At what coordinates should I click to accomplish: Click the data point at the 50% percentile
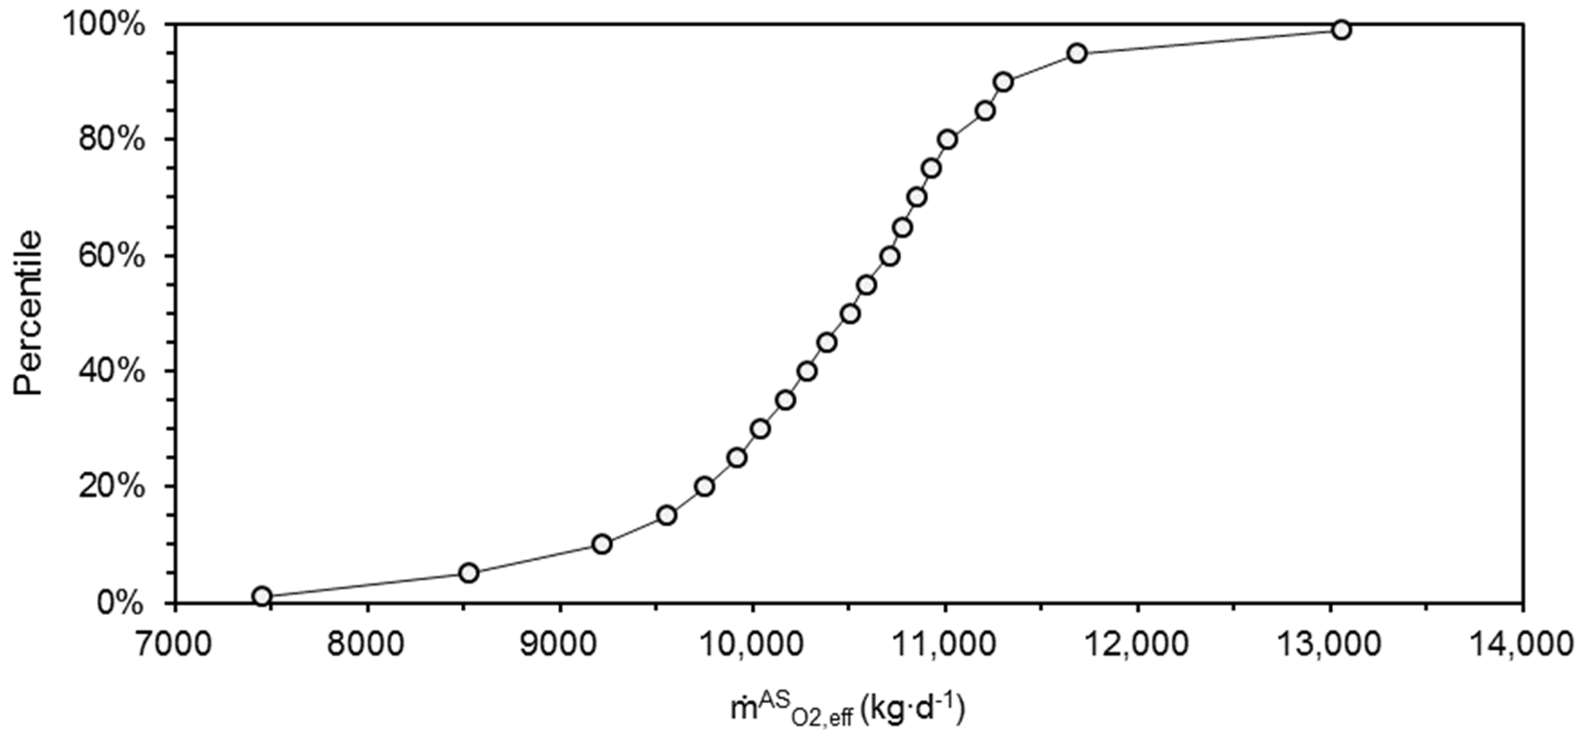pos(850,314)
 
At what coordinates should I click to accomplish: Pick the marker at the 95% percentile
pos(1077,53)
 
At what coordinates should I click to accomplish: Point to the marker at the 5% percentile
pos(469,573)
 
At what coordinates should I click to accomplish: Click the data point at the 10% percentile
pos(602,544)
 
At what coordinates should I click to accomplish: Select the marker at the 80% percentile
pos(947,139)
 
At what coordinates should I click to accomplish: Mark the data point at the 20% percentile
pos(705,486)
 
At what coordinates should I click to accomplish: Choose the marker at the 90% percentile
pos(1003,81)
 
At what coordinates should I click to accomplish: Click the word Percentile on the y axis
pos(30,313)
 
